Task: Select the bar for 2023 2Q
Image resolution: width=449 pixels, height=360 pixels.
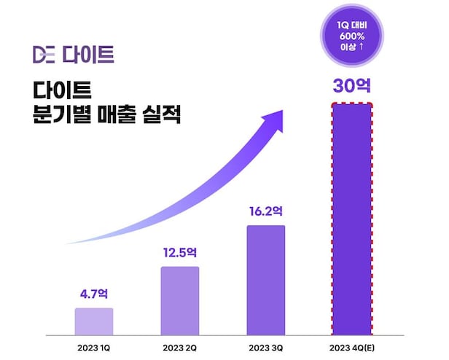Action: click(x=179, y=300)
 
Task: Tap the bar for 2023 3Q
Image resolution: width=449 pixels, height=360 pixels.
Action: click(x=265, y=280)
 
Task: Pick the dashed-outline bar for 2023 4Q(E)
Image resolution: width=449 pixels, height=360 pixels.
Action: click(x=352, y=219)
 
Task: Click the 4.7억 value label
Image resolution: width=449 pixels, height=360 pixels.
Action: click(x=93, y=297)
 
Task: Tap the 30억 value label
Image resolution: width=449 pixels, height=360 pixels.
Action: click(x=352, y=87)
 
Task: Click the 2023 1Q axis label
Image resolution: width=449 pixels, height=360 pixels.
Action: click(x=93, y=348)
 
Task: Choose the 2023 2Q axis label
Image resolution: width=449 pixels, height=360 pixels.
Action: click(x=179, y=348)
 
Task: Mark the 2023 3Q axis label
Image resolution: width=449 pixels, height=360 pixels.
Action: click(x=265, y=348)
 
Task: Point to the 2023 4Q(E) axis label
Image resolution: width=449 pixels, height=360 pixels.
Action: click(x=352, y=348)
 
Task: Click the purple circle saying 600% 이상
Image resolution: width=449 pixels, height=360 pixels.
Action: click(x=352, y=36)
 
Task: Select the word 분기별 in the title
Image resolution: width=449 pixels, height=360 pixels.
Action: click(x=60, y=115)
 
